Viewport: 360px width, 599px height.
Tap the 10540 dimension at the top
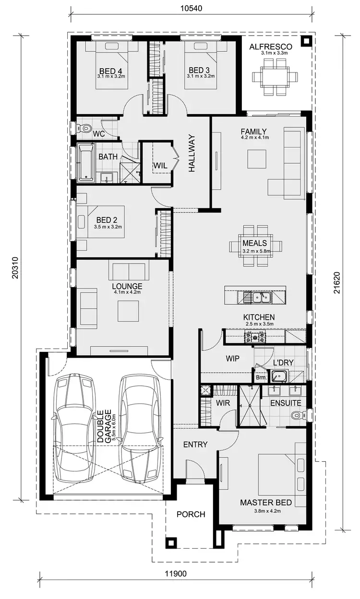point(191,8)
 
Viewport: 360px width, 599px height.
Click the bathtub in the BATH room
point(87,163)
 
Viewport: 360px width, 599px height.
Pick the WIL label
point(160,166)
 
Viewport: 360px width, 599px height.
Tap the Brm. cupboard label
point(261,378)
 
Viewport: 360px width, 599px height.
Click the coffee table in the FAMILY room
point(257,159)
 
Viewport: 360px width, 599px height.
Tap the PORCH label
point(191,515)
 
